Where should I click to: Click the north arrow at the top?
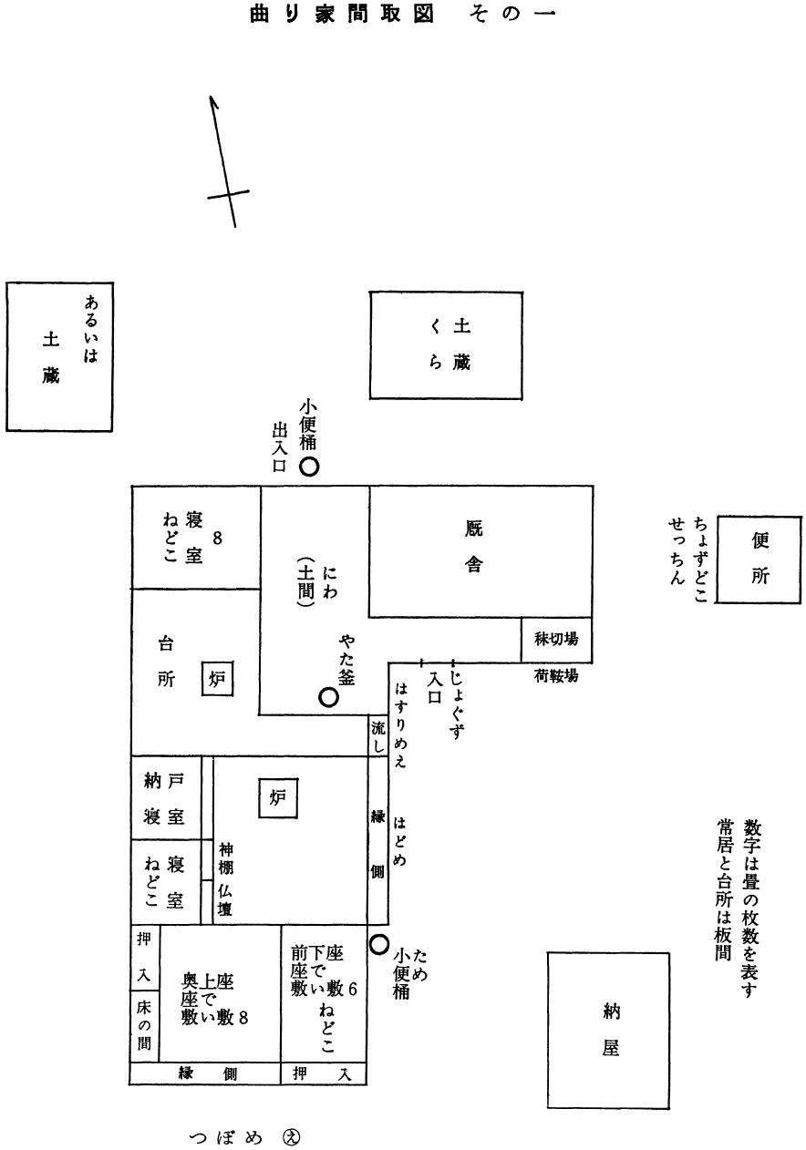click(224, 160)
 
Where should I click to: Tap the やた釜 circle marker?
click(329, 697)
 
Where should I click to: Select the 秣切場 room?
click(556, 640)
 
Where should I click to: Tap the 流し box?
click(378, 736)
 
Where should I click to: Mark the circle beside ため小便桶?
click(379, 944)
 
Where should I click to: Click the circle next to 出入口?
click(310, 467)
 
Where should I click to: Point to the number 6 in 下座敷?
click(352, 989)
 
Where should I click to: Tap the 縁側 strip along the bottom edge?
click(205, 1074)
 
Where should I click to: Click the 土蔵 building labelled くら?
click(446, 344)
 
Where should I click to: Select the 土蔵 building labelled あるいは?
click(59, 356)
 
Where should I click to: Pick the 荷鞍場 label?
click(556, 677)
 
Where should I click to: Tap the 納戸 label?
click(165, 781)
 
